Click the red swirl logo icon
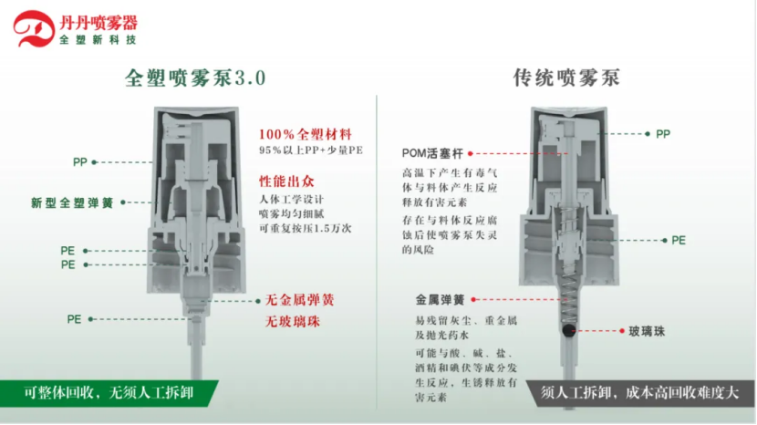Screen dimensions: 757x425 34,28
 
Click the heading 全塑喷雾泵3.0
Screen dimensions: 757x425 195,78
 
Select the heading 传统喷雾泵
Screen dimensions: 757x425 566,78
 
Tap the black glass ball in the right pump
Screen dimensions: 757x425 569,331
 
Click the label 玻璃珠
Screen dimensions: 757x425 647,331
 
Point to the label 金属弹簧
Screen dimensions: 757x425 440,300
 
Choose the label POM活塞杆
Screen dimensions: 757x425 432,153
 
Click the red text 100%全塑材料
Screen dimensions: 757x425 306,134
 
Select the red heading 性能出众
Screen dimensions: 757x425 286,181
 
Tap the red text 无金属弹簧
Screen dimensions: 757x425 300,300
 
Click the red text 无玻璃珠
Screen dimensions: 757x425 293,322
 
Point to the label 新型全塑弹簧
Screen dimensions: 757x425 72,202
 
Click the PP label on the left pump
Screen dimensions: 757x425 80,162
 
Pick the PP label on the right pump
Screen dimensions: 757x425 663,134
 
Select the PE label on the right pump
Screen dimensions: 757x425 679,241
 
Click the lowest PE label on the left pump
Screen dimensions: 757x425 74,319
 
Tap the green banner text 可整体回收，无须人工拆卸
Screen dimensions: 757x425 109,393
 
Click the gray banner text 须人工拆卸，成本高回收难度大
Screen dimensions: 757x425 639,393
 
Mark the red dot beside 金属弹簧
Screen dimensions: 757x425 473,300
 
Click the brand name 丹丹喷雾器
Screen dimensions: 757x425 99,22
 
